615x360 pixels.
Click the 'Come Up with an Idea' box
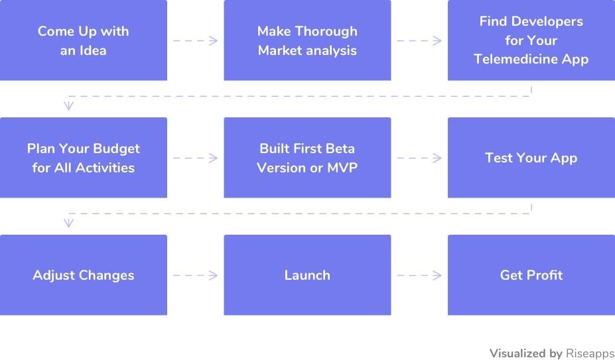coord(83,40)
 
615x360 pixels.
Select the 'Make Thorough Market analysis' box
coord(307,40)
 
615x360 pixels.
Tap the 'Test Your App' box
coord(531,157)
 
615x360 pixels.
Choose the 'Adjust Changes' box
coord(83,274)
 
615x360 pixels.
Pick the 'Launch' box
coord(307,274)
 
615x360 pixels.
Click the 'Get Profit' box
coord(531,274)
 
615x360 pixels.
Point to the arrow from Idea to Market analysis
coord(195,40)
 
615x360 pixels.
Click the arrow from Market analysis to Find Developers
coord(419,40)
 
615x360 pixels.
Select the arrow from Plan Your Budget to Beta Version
coord(195,158)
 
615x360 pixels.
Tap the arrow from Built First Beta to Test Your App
coord(419,158)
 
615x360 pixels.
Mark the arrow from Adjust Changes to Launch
coord(195,275)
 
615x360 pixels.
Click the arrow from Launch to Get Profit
coord(419,275)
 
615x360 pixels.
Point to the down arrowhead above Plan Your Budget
coord(68,105)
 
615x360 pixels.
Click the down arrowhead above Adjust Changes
coord(68,223)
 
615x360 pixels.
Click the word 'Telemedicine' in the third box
coord(515,59)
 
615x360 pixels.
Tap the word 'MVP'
coord(342,168)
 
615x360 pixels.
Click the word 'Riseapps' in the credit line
coord(590,354)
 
